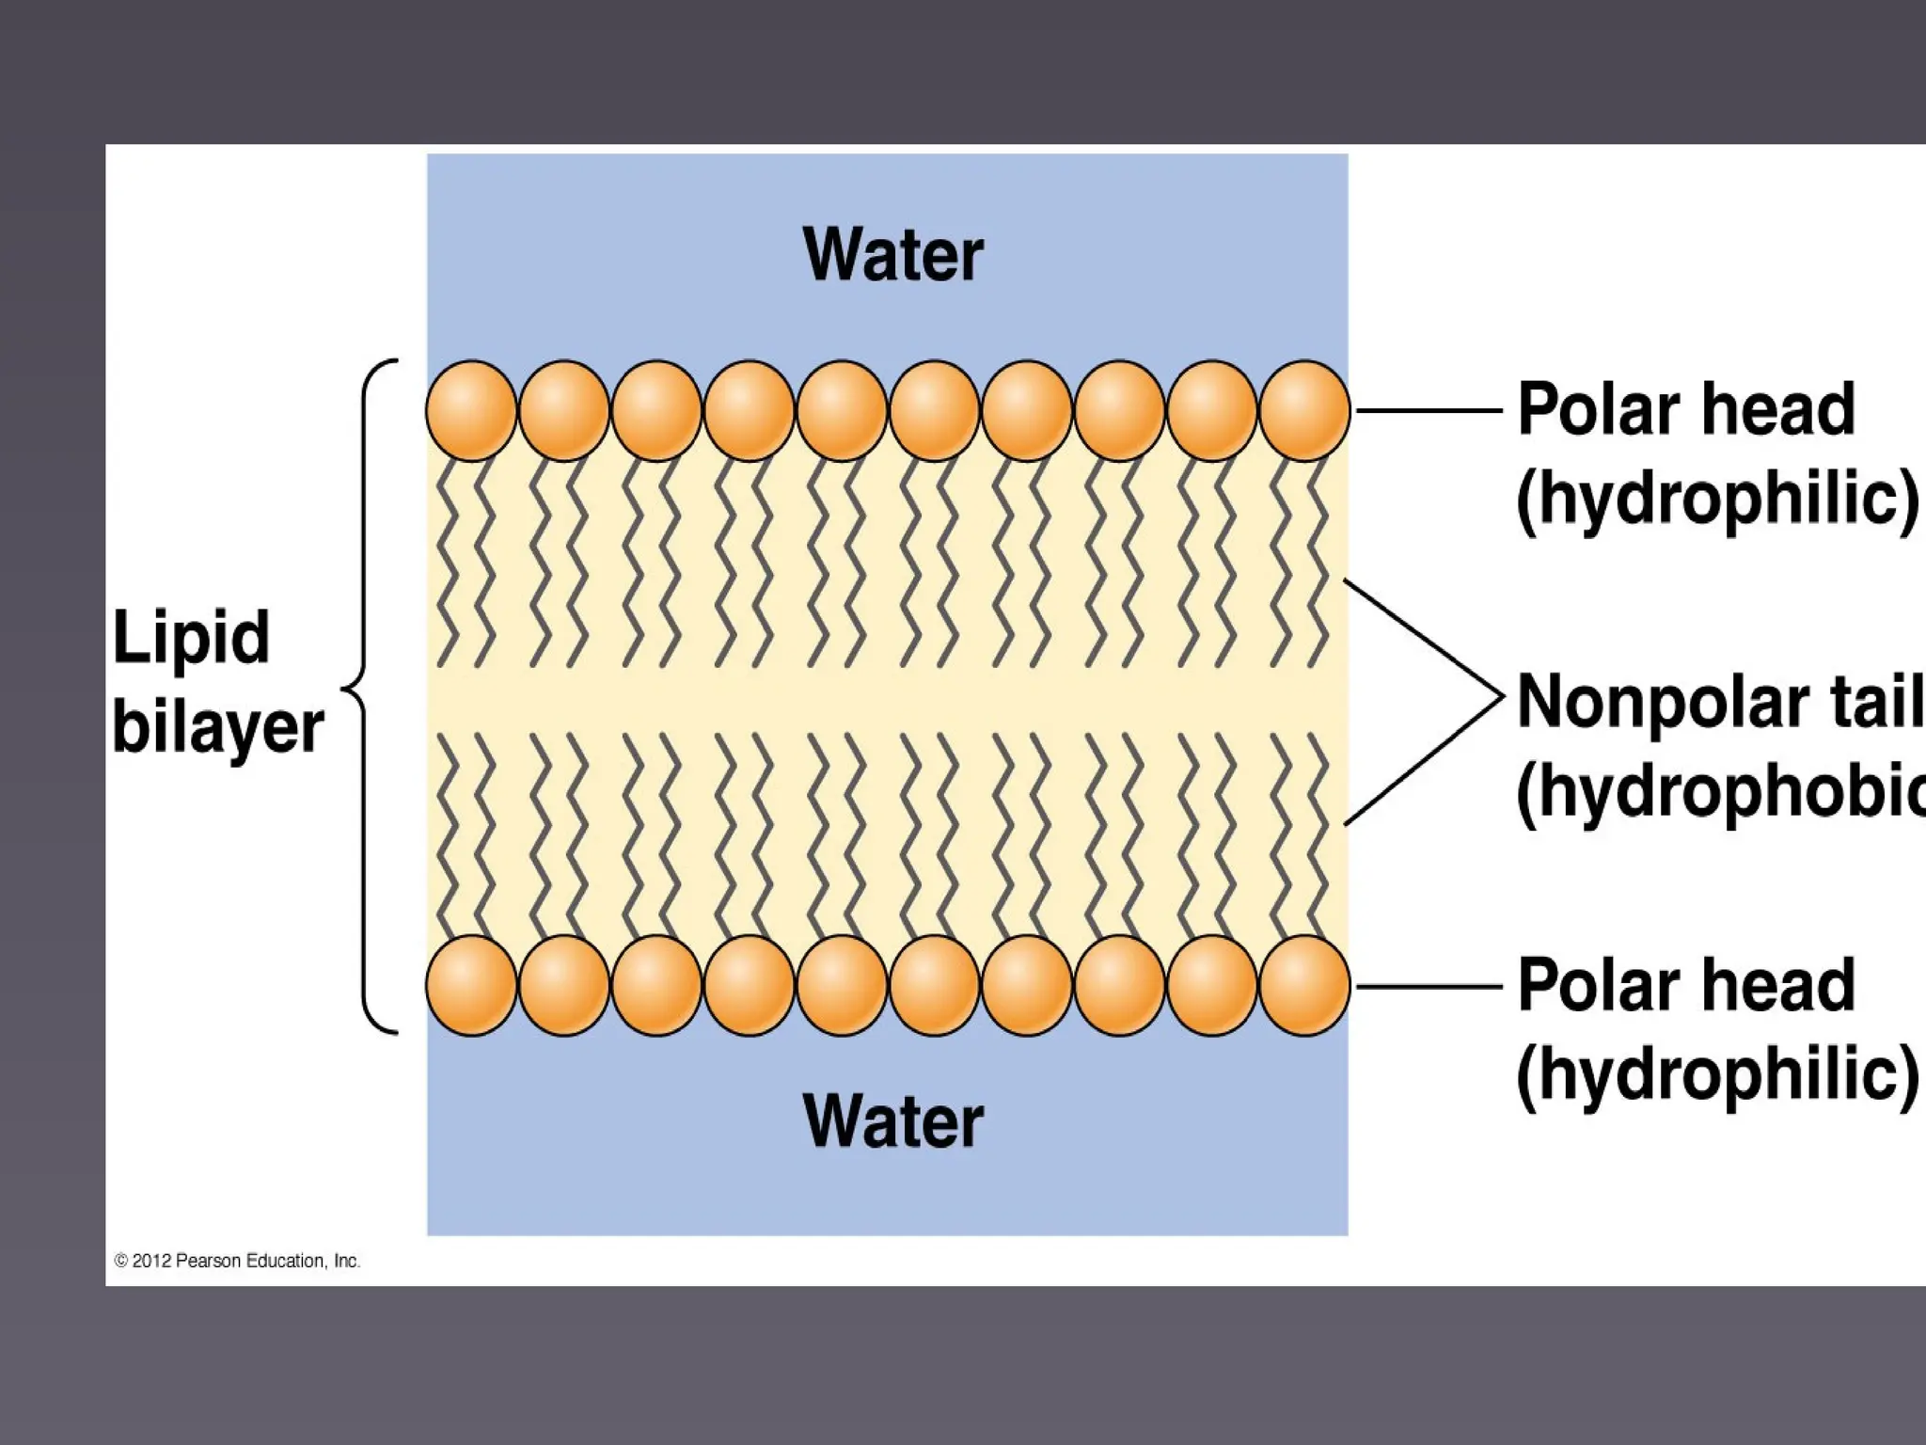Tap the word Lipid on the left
tap(191, 639)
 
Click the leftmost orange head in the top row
tap(471, 411)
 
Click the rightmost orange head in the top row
tap(1304, 411)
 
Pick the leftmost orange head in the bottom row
tap(471, 986)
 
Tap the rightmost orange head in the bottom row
tap(1304, 986)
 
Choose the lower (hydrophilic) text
tap(1717, 1074)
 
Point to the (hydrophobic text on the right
tap(1721, 792)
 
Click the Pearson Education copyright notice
tap(237, 1261)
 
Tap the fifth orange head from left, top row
tap(842, 411)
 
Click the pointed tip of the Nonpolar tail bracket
tap(1499, 700)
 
